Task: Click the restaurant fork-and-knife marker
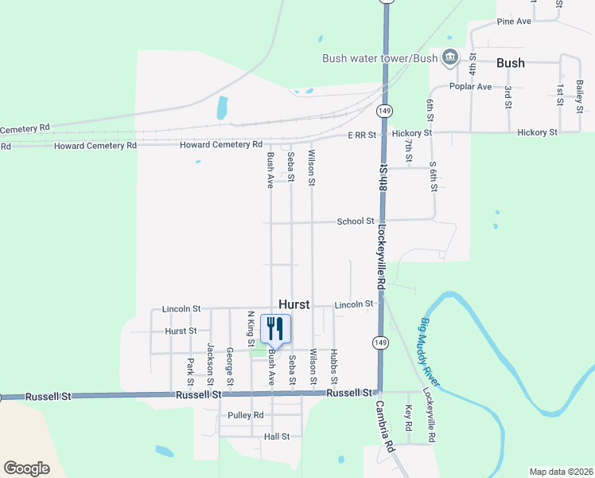click(275, 329)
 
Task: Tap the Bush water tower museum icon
click(449, 57)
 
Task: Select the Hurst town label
click(298, 304)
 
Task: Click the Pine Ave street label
click(513, 22)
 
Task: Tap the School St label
click(356, 221)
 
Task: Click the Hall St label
click(277, 437)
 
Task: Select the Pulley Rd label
click(245, 415)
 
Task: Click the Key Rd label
click(409, 418)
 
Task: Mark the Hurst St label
click(181, 331)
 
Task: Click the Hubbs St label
click(334, 363)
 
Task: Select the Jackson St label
click(211, 360)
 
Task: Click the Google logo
click(26, 468)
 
